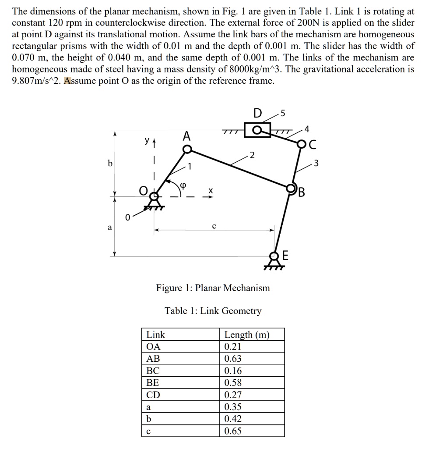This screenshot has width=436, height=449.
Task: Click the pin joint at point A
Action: (186, 150)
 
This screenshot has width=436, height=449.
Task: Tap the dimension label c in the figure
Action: (214, 226)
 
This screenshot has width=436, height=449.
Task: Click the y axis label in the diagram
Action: (148, 142)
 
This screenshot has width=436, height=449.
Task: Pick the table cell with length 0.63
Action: (233, 359)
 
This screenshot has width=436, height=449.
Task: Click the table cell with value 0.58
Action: (233, 383)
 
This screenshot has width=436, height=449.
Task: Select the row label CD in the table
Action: (153, 395)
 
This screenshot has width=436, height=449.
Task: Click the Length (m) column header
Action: (247, 335)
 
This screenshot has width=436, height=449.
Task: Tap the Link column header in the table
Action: (156, 335)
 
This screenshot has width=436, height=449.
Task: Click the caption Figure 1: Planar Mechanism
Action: (213, 288)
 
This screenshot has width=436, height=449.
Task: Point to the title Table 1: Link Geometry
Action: (213, 311)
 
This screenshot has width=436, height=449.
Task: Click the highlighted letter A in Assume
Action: (68, 81)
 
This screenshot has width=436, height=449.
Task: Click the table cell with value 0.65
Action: (233, 431)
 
